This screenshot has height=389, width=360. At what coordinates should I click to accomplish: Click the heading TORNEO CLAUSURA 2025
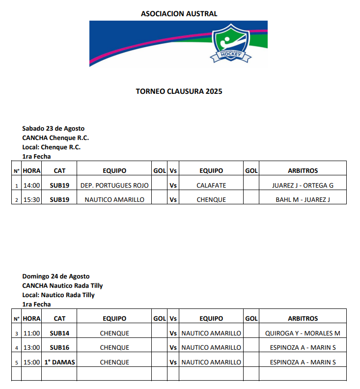coord(179,91)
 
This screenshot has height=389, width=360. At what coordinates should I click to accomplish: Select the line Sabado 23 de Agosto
coord(53,129)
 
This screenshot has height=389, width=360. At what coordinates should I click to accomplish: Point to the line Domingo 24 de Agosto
coord(55,277)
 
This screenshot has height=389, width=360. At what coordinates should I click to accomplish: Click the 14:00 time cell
coord(31,186)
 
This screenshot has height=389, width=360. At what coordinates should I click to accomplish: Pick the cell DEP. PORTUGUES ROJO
coord(114,186)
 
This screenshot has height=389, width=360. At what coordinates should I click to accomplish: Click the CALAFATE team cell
coord(211,186)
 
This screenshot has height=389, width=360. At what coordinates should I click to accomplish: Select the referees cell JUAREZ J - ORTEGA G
coord(303,186)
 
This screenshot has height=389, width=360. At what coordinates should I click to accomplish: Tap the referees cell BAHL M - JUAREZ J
coord(303,200)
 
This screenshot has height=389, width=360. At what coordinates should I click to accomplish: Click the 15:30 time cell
coord(31,200)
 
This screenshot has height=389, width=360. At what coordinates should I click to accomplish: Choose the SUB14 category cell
coord(59,333)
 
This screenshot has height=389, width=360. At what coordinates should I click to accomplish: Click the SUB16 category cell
coord(59,348)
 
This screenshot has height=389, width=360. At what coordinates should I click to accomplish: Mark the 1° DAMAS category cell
coord(59,362)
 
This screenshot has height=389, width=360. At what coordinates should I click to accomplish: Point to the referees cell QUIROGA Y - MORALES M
coord(303,333)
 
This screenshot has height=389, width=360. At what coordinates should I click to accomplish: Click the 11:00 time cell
coord(31,333)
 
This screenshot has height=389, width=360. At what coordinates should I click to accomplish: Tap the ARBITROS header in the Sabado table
coord(303,171)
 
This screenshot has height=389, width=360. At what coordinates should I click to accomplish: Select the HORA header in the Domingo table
coord(31,319)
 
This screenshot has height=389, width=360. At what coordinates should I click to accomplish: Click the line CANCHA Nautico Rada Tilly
coord(62,286)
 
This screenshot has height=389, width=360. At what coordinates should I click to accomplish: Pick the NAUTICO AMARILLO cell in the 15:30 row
coord(114,200)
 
